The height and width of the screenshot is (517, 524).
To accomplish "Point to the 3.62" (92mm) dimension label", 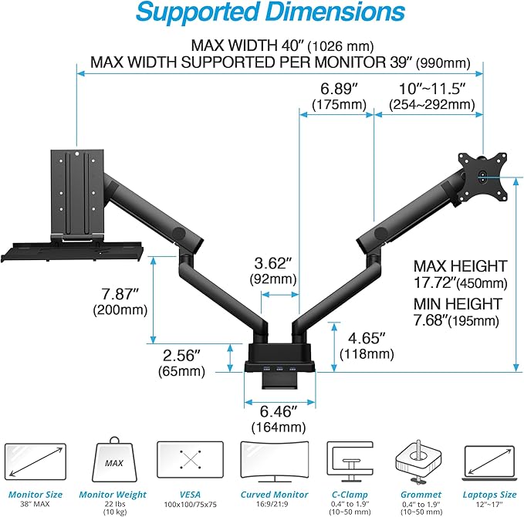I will click(273, 270).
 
